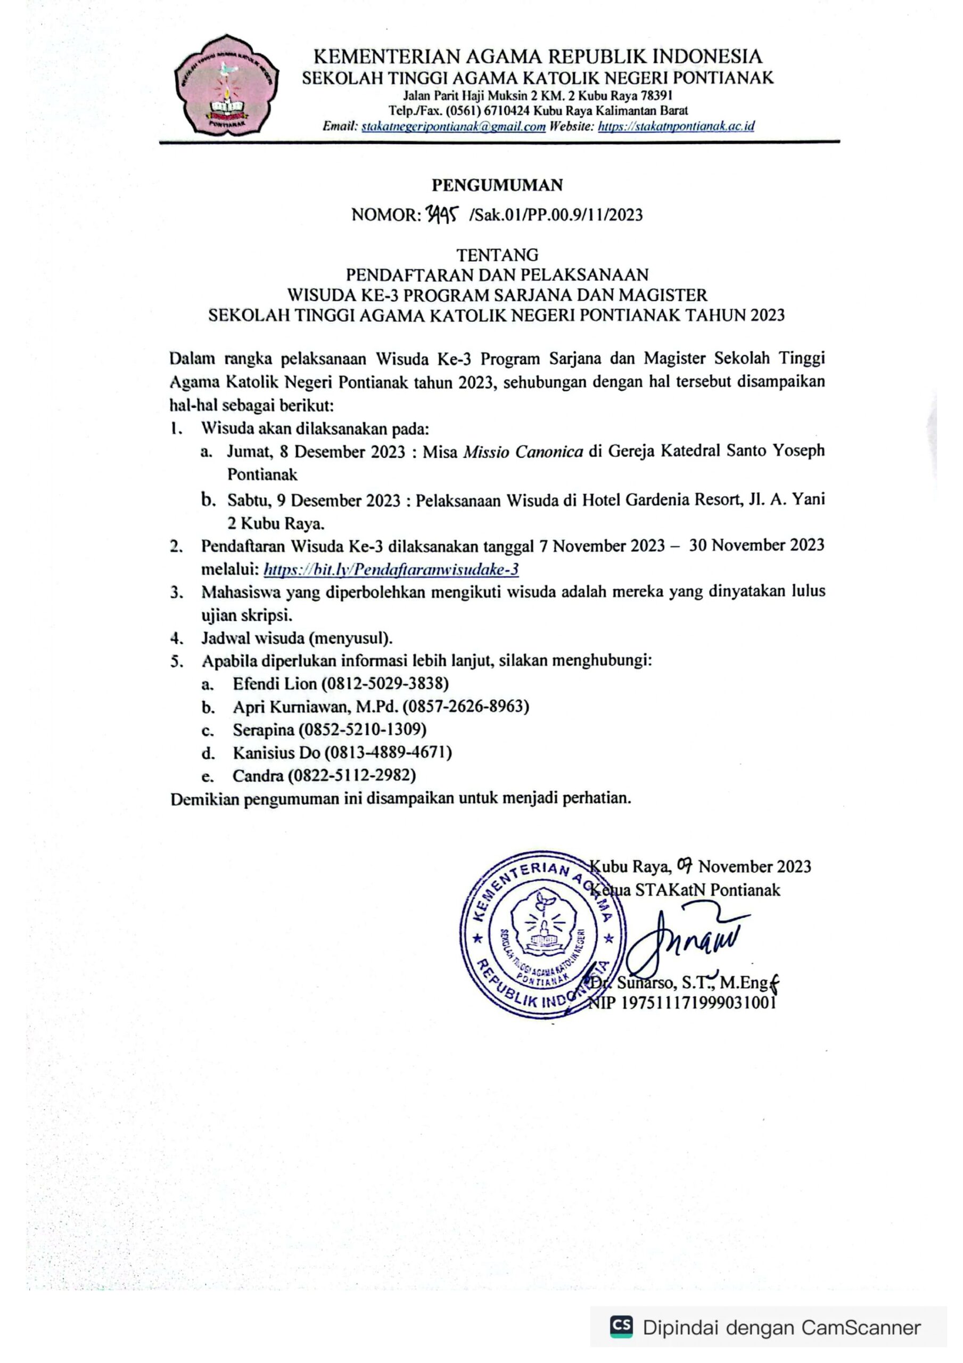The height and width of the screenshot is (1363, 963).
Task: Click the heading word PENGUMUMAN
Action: coord(497,186)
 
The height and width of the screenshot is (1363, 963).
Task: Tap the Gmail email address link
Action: coord(453,126)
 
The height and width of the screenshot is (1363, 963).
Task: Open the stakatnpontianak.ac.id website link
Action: coord(676,126)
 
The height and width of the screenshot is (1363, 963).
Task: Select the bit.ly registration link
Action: coord(391,569)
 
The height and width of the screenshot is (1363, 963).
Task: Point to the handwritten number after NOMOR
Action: coord(442,215)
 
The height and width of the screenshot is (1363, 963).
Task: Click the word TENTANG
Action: coord(497,255)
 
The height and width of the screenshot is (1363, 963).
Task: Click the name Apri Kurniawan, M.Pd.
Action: coord(315,707)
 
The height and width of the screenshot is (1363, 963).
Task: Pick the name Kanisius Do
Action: coord(276,753)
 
